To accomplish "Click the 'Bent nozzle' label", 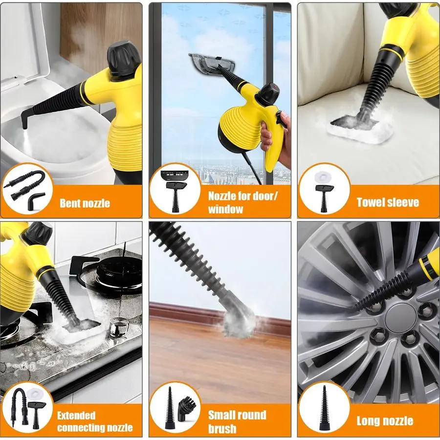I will click(x=85, y=203).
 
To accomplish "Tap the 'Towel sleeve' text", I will click(x=387, y=202).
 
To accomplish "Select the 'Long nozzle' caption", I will click(x=385, y=420).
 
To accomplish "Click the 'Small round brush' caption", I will click(x=237, y=421).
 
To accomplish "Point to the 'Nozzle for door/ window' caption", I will click(x=243, y=202).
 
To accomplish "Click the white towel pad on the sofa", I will click(x=362, y=129).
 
